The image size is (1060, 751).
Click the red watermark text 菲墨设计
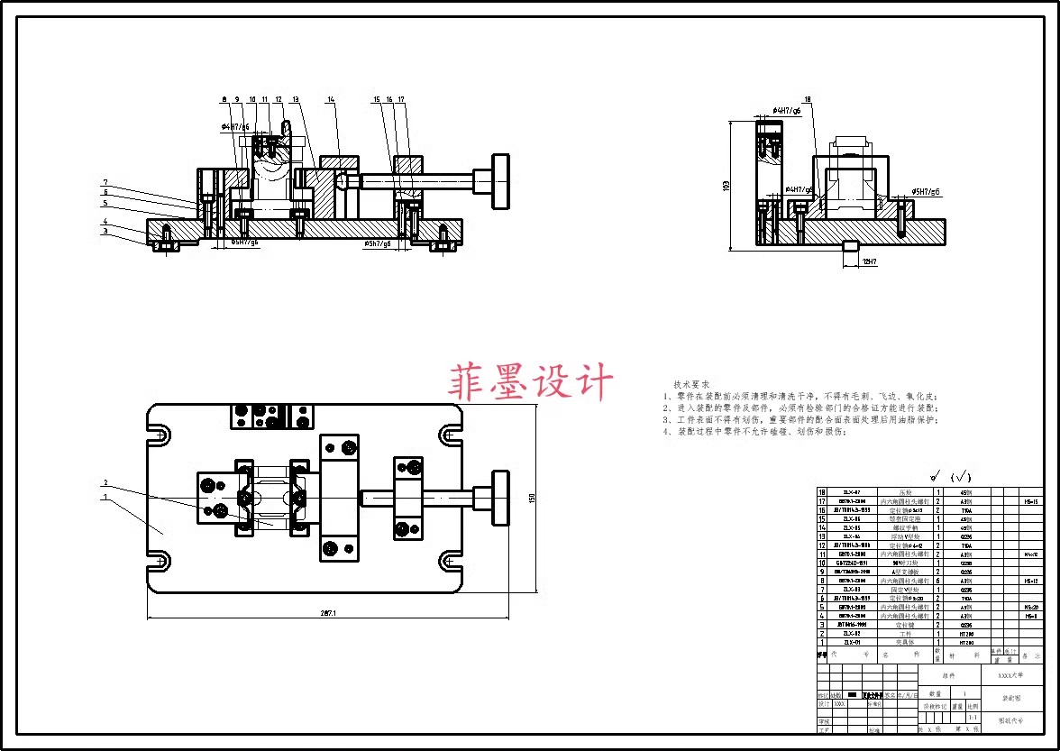531,381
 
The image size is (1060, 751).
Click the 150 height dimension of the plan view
532,499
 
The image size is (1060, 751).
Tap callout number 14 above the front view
331,99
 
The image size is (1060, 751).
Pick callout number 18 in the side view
808,99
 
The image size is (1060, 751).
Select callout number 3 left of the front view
105,231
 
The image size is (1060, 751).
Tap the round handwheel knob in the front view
500,181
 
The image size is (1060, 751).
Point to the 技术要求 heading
691,384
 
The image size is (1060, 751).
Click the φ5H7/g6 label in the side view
926,192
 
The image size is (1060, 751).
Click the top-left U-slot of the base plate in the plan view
162,435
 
